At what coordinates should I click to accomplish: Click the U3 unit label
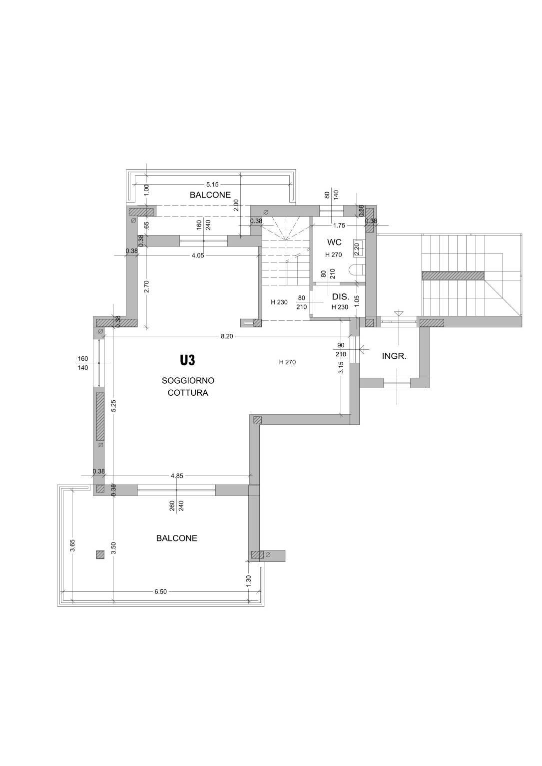188,360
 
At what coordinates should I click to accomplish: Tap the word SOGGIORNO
188,380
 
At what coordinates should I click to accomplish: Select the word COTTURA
188,393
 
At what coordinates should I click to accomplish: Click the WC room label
334,242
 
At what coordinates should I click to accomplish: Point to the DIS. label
340,297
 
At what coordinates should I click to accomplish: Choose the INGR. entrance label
394,356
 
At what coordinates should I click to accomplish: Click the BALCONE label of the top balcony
210,195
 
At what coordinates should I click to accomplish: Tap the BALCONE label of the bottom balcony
177,538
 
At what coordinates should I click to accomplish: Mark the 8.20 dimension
227,336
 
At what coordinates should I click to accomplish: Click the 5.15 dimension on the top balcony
212,185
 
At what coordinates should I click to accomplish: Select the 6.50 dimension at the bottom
160,592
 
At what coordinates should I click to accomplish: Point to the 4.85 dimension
177,476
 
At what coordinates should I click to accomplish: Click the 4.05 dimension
197,255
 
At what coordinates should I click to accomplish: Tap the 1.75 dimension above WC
339,226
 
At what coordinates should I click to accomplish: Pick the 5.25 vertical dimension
114,406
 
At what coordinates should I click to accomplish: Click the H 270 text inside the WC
334,255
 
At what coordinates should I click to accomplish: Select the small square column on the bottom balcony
100,554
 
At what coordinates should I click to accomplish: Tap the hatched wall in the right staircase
453,275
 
